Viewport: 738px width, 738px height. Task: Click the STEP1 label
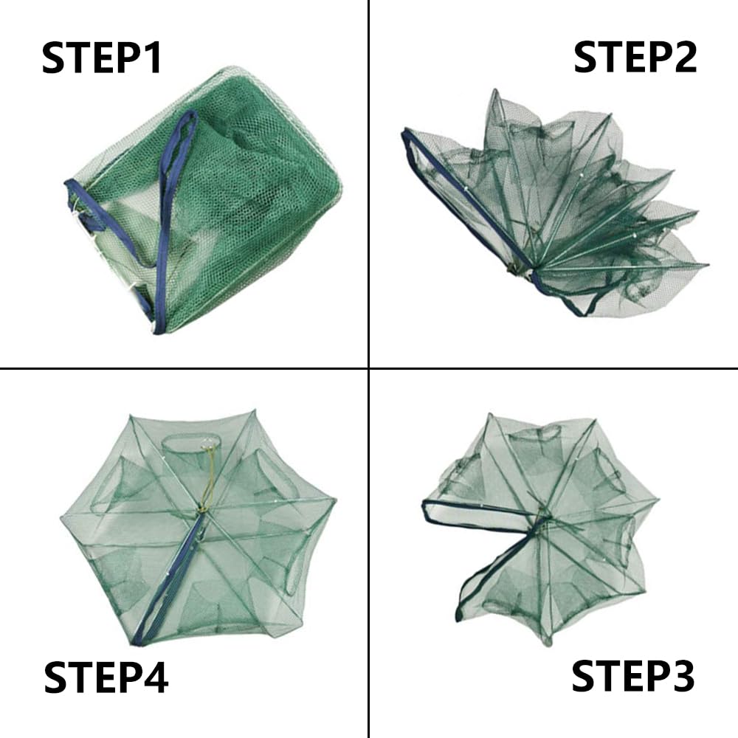coord(102,58)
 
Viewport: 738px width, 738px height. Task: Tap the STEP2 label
coord(635,58)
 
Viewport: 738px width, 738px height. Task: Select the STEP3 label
coord(633,677)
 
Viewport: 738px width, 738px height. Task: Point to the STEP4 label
coord(106,678)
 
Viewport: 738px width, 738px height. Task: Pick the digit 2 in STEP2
coord(682,58)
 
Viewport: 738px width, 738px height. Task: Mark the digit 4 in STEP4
coord(154,678)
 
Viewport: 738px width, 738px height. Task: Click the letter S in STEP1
coord(55,58)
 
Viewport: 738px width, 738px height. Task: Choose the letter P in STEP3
coord(649,677)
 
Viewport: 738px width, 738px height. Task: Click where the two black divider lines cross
coord(368,368)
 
